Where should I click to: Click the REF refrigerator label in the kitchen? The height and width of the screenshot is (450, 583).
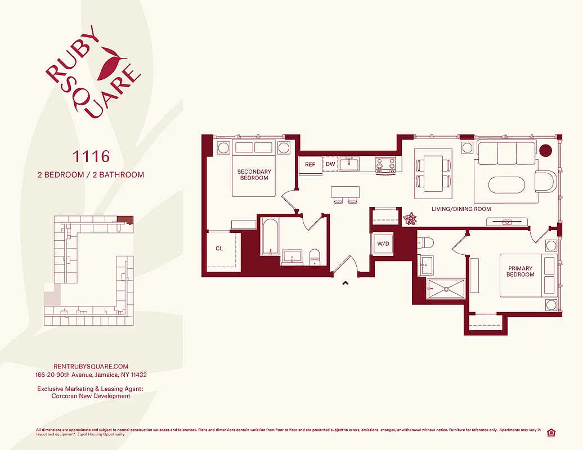point(310,165)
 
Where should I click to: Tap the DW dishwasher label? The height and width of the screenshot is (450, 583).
point(330,165)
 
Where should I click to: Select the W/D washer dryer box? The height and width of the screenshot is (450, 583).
point(383,245)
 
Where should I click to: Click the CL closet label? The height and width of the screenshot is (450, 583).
point(219,249)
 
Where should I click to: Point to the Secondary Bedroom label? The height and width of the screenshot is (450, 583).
point(254,175)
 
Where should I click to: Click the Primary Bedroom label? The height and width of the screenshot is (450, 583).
point(520,272)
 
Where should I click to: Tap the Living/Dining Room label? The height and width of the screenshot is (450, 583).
point(461,209)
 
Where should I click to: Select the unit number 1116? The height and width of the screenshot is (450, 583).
point(90,155)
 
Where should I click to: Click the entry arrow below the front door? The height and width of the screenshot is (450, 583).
point(344,283)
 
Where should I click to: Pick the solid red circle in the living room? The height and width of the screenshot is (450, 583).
point(545,150)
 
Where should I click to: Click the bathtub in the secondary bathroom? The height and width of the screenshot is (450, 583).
point(270,237)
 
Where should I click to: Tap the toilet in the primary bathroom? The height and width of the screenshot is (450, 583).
point(426,244)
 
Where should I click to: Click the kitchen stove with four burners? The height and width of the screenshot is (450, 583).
point(386,165)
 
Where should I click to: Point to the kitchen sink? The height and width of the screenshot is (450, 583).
point(349,164)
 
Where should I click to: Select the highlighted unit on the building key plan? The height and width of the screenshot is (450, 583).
point(127,220)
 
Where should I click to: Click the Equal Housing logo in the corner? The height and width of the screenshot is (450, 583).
point(551,432)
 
